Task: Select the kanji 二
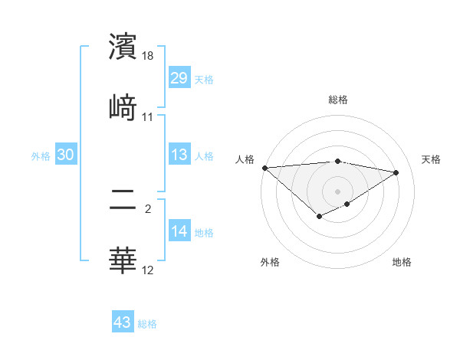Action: (123, 201)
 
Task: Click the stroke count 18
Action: (148, 56)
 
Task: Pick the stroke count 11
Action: (148, 116)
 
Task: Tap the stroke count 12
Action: (148, 270)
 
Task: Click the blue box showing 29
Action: (179, 77)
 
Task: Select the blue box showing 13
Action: (179, 155)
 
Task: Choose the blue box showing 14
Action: (179, 231)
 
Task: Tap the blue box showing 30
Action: (66, 155)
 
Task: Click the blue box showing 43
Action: (123, 322)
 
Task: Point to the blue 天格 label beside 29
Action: (204, 79)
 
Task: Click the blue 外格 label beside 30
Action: (41, 155)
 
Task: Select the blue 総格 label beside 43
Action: (147, 324)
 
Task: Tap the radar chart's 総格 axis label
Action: (338, 100)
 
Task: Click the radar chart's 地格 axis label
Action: (402, 262)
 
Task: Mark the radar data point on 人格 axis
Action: (264, 167)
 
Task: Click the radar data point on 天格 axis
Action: (396, 172)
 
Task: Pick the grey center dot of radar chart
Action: (338, 191)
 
